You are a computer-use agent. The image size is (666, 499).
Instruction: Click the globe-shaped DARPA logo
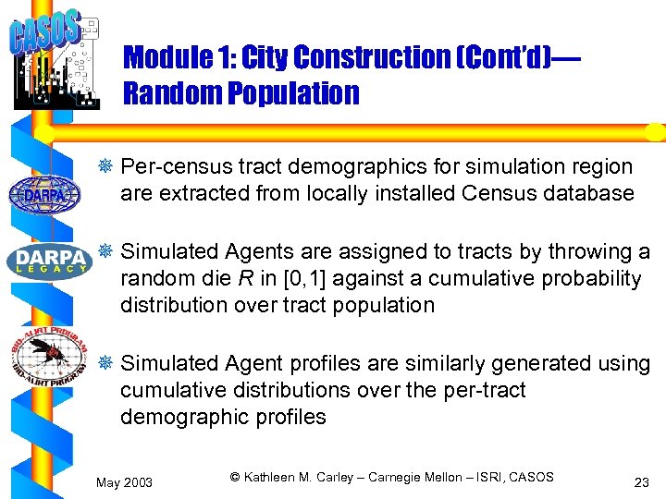[43, 194]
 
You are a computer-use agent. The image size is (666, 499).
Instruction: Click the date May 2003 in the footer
[125, 482]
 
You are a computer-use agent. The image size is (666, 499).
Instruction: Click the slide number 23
[640, 482]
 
